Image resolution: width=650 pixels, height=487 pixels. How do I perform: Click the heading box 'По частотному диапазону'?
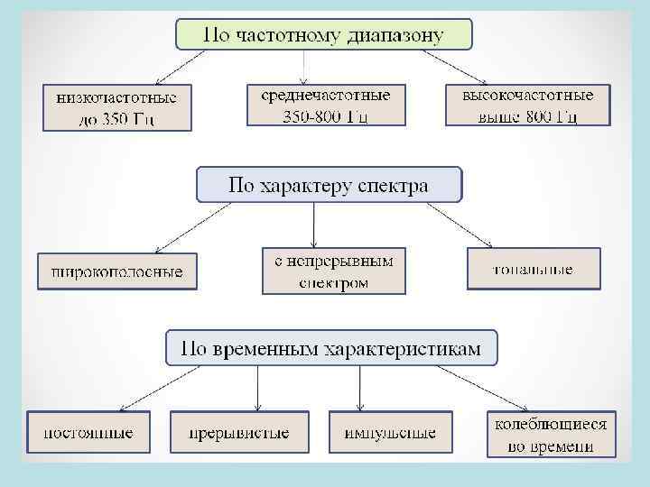tap(324, 35)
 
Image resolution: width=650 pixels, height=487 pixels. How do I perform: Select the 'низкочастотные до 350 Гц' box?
tap(117, 107)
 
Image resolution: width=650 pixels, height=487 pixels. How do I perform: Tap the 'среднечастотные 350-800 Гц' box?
tap(326, 105)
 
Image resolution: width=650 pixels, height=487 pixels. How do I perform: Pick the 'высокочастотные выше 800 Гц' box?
tap(528, 105)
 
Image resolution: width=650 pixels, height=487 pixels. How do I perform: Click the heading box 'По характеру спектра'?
tap(329, 185)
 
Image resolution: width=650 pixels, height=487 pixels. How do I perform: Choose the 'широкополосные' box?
tap(117, 271)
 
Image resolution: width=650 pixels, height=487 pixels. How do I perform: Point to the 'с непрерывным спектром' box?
tap(334, 271)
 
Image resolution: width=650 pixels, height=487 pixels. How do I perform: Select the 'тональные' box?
tap(534, 269)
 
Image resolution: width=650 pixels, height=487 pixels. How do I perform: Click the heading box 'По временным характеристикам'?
tap(331, 347)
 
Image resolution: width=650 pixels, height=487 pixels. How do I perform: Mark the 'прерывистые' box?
tap(239, 433)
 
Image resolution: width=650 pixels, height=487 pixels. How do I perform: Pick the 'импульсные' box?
tap(390, 433)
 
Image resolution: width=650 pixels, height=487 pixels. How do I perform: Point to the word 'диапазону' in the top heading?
tap(402, 36)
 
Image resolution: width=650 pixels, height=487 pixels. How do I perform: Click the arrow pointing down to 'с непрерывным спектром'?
tap(313, 225)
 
